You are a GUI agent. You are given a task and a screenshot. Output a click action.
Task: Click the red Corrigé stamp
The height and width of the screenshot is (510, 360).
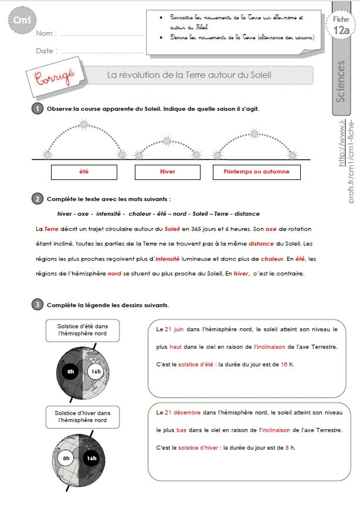coord(54,78)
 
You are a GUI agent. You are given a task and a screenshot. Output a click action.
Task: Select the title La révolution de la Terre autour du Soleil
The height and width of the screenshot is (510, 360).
coord(189,75)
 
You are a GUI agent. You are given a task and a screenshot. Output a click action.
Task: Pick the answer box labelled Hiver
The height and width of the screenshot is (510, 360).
coord(168,172)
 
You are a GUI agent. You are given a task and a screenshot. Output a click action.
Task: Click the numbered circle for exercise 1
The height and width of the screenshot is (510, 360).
coord(37,108)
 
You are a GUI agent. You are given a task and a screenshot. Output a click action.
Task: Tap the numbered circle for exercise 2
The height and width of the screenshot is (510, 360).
coord(37,199)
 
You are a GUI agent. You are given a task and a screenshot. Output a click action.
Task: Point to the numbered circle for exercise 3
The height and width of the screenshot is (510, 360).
coord(37,305)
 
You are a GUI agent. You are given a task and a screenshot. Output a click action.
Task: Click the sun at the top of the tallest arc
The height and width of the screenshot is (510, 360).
coord(84,124)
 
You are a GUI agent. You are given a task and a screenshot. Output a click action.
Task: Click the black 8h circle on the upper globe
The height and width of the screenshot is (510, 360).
coord(70,371)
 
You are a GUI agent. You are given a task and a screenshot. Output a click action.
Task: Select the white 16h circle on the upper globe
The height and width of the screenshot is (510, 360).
coord(96,371)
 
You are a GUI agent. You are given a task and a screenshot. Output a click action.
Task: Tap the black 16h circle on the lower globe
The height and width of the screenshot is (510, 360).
coord(91,458)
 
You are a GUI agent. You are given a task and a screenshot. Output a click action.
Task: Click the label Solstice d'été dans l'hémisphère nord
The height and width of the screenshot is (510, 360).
coord(79,330)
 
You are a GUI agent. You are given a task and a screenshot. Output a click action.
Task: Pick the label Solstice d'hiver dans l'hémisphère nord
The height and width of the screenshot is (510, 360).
coord(79,416)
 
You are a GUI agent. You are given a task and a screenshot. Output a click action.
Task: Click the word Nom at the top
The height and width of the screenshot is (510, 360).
coord(46,33)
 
